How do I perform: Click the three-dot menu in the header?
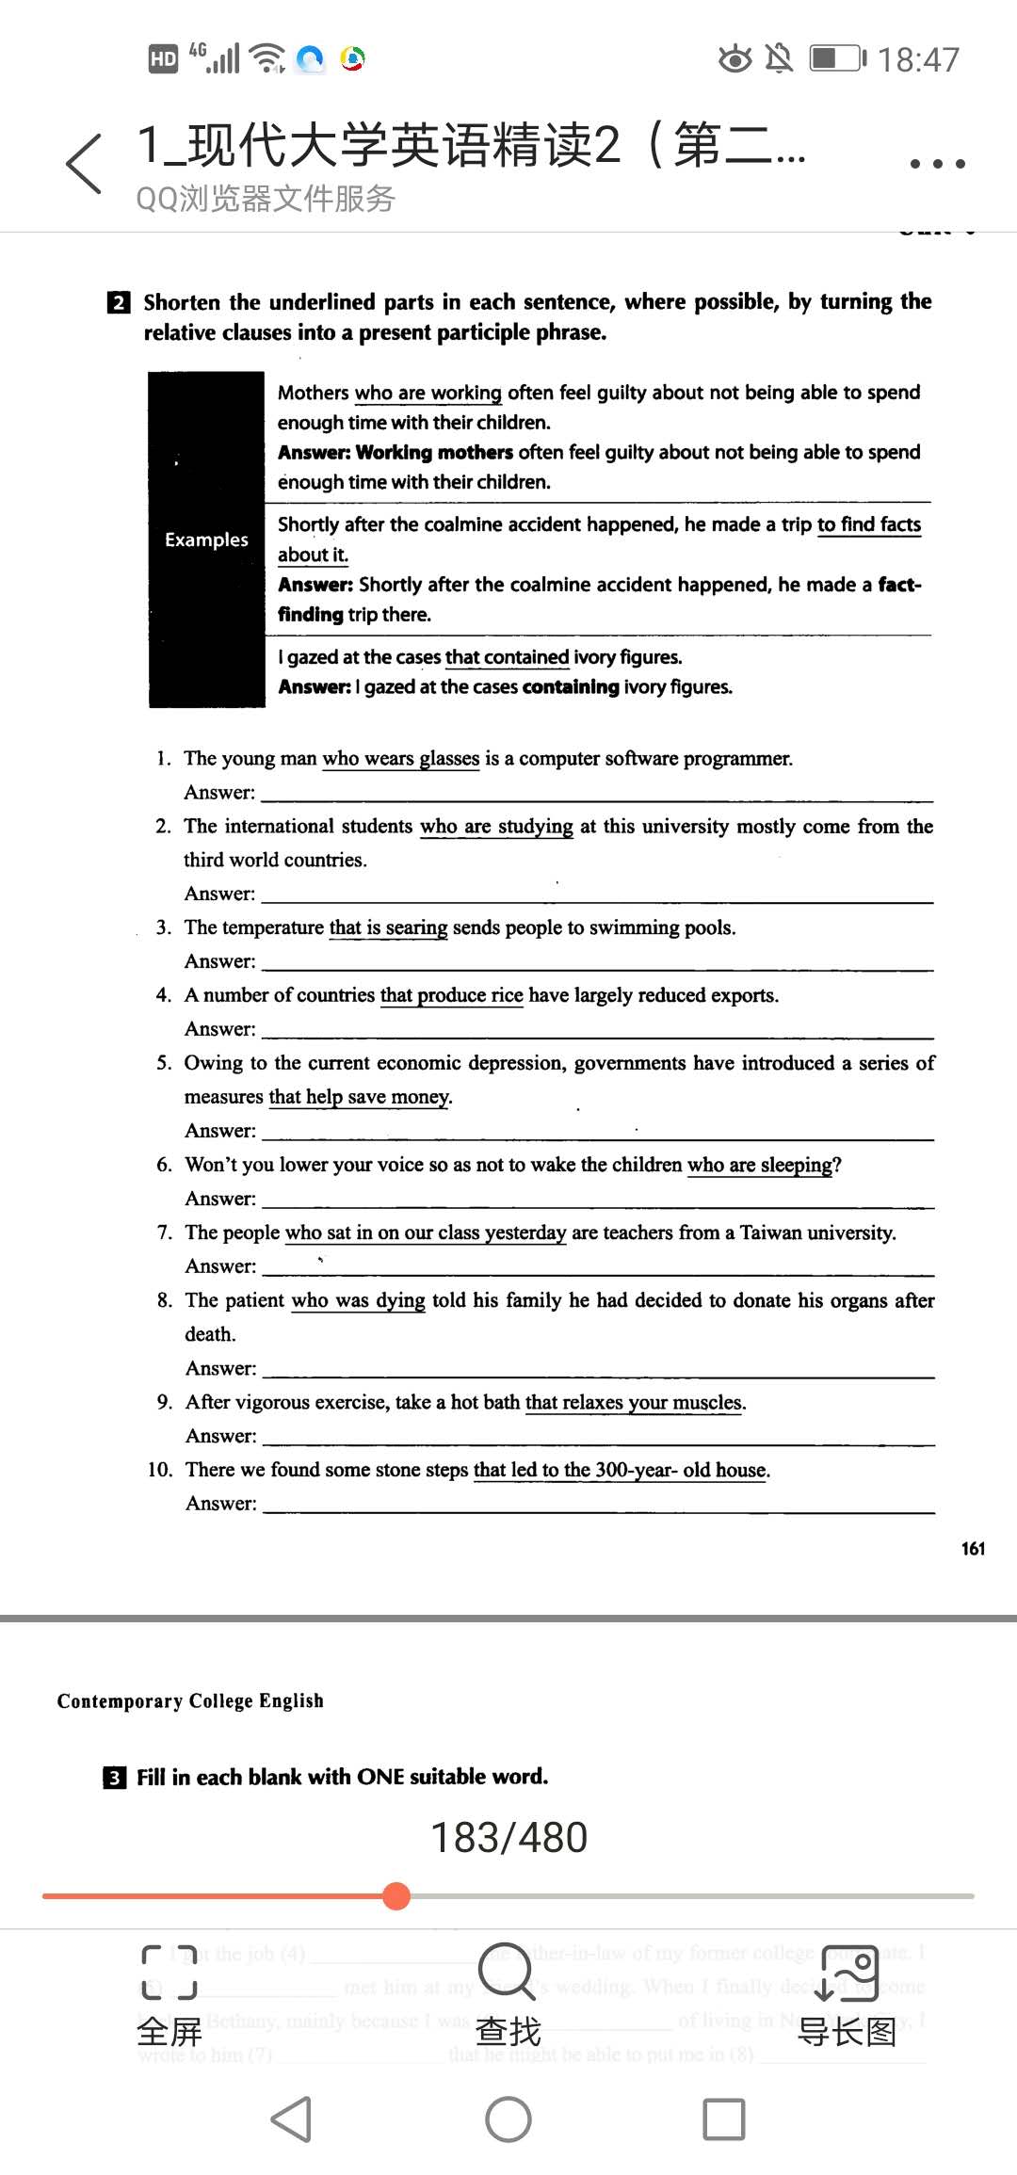[937, 164]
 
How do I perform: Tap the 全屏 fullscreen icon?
[169, 1973]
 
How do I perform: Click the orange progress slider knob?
[397, 1895]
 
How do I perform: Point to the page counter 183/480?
[508, 1837]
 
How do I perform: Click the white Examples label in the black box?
[206, 540]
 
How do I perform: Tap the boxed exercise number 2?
[119, 302]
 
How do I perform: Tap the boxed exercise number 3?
[114, 1778]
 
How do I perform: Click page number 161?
[973, 1549]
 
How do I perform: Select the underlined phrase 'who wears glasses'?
[401, 759]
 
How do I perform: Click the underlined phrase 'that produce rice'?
[451, 995]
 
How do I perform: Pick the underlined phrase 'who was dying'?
[358, 1300]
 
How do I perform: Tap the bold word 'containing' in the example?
[571, 687]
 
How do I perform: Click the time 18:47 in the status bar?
[918, 60]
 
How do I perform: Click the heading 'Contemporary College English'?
[190, 1700]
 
